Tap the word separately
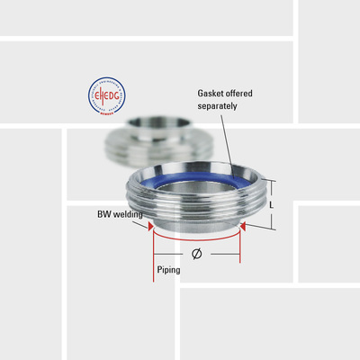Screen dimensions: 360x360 tap(217, 106)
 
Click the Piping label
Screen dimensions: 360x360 tap(168, 269)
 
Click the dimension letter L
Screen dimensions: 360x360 tap(273, 204)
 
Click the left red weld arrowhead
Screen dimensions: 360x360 tap(149, 227)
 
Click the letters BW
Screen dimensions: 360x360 tap(103, 214)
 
